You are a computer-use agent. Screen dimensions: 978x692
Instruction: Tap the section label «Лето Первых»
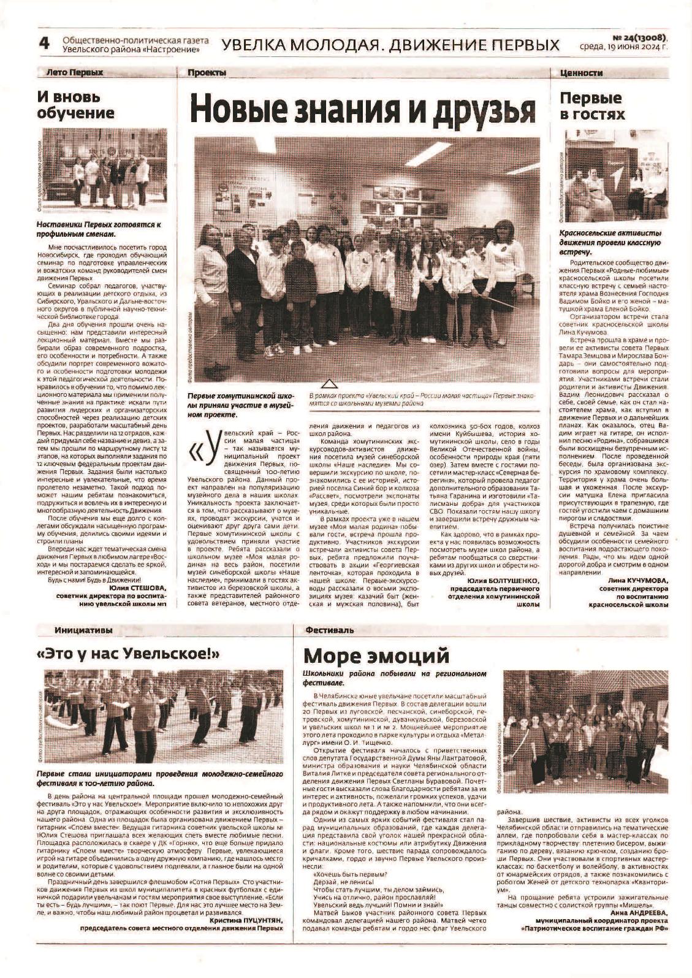click(75, 72)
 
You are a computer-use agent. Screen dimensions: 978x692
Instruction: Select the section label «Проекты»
click(207, 73)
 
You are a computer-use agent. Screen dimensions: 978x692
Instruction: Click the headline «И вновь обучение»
click(75, 105)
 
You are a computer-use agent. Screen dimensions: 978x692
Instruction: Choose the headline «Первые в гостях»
click(592, 106)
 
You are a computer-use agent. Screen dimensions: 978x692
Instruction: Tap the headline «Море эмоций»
click(376, 655)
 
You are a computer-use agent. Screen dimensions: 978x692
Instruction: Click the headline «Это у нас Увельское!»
click(128, 654)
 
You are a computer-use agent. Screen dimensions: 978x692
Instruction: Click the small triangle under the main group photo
click(330, 385)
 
